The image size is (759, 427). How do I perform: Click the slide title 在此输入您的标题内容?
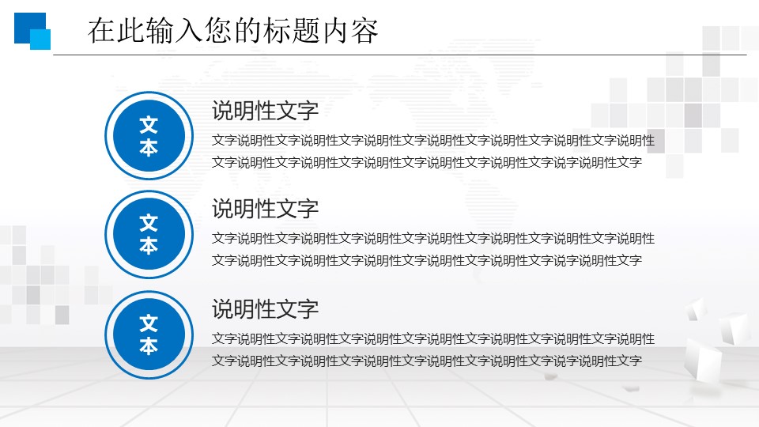(x=233, y=31)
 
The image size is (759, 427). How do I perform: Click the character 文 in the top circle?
(x=149, y=125)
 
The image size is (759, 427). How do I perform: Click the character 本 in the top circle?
(x=149, y=148)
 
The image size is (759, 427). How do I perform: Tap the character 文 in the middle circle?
(x=149, y=223)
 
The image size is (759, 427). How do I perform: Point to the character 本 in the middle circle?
(x=149, y=246)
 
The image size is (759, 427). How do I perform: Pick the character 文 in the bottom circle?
(x=149, y=323)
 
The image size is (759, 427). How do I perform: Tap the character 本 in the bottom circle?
(x=149, y=346)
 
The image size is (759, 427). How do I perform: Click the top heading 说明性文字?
(x=265, y=111)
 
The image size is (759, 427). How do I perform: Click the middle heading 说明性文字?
(x=265, y=209)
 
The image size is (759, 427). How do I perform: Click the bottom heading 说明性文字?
(x=265, y=308)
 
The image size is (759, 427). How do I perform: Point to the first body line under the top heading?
(x=433, y=141)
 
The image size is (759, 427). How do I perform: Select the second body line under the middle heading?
(x=427, y=260)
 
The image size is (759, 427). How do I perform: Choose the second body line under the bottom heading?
(x=427, y=361)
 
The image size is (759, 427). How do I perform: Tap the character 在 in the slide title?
(x=98, y=31)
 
